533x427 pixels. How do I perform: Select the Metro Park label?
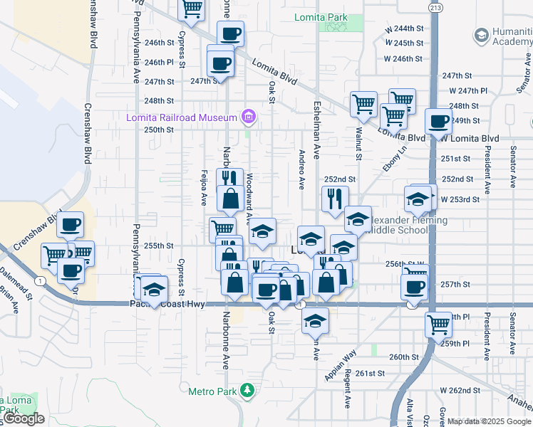click(212, 391)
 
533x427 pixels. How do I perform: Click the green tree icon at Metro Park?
click(247, 390)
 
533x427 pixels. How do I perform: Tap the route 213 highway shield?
click(435, 6)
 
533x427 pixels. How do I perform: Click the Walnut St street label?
click(358, 142)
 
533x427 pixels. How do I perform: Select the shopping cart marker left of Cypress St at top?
click(192, 9)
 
